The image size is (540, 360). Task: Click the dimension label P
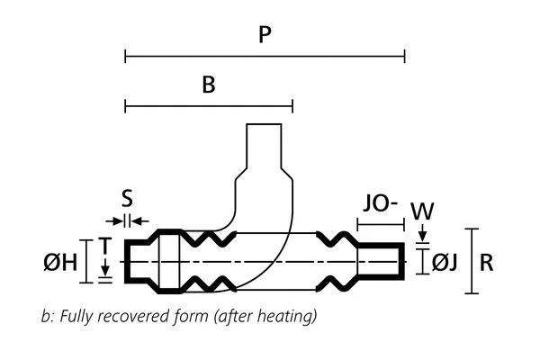pyautogui.click(x=265, y=35)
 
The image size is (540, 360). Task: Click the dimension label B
pyautogui.click(x=209, y=85)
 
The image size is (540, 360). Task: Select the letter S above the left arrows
pyautogui.click(x=127, y=199)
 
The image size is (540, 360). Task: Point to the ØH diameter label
pyautogui.click(x=59, y=263)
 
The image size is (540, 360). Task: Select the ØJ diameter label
pyautogui.click(x=445, y=263)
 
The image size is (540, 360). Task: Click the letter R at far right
pyautogui.click(x=487, y=263)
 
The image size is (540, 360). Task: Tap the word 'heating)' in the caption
pyautogui.click(x=290, y=317)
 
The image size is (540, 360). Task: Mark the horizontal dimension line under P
pyautogui.click(x=265, y=57)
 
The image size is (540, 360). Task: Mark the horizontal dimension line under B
pyautogui.click(x=209, y=107)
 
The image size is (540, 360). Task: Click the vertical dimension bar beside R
pyautogui.click(x=471, y=261)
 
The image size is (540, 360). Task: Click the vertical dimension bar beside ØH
pyautogui.click(x=86, y=262)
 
